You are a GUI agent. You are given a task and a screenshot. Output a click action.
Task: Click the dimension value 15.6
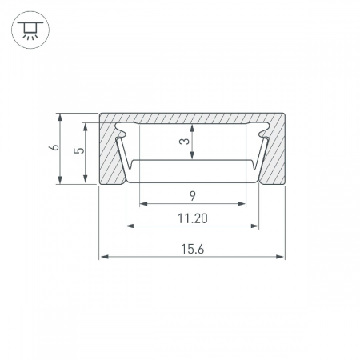[193, 249]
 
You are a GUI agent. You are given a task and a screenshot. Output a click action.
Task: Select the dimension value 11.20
[193, 218]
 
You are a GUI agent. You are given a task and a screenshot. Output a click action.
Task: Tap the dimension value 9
[193, 196]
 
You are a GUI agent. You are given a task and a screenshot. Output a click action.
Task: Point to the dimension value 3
[185, 141]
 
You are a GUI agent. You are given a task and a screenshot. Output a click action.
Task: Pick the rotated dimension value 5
[79, 150]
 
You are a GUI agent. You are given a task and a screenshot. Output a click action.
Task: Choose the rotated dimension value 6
[54, 147]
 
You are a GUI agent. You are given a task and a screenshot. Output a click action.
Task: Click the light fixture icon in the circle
[30, 30]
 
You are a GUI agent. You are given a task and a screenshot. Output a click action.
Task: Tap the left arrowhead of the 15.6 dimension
[104, 257]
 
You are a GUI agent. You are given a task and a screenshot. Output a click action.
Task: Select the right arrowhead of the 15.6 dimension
[280, 257]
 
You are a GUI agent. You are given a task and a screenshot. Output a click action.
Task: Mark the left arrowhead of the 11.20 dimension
[130, 226]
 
